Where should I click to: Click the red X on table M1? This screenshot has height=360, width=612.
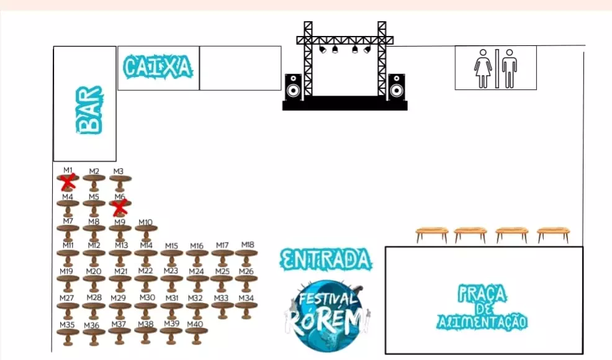coord(68,181)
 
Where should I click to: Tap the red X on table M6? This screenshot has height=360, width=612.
coord(120,206)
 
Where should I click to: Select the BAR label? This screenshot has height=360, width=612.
coord(89,110)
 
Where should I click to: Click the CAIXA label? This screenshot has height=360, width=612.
coord(158,67)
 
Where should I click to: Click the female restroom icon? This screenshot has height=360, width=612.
coord(483,69)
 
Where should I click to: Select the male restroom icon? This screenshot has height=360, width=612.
coord(510,69)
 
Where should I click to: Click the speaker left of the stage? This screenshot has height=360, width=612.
coord(293,87)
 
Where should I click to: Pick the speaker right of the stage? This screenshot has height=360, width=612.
coord(396,87)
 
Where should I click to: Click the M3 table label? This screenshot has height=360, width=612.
coord(119,171)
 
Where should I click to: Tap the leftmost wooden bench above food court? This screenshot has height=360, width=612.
coord(432,234)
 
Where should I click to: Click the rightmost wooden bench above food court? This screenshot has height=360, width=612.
coord(553,234)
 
